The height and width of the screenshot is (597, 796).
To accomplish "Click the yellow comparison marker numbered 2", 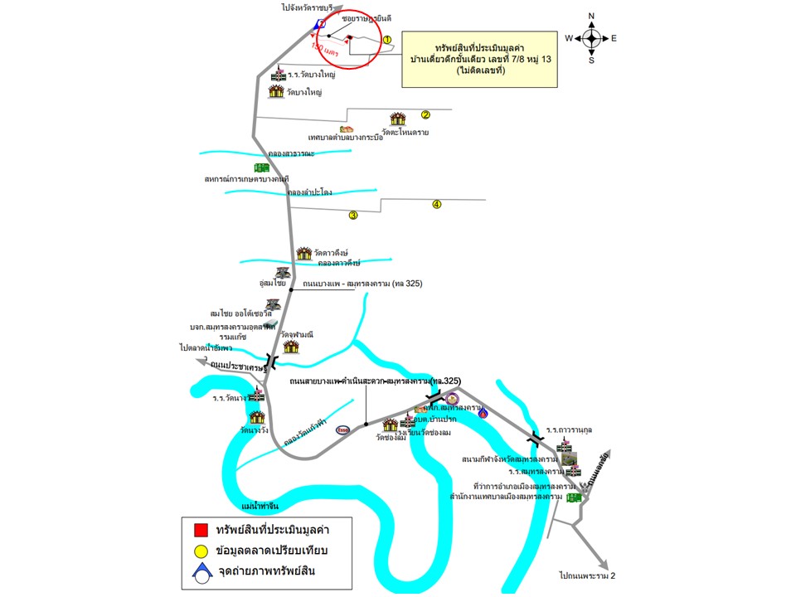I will [x=425, y=115].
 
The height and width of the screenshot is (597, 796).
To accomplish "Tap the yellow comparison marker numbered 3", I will [x=353, y=216].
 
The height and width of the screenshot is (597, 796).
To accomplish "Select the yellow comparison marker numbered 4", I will [x=436, y=205].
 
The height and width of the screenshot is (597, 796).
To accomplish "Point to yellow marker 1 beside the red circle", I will [x=386, y=39].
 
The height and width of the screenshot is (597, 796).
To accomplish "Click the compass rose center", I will [x=591, y=38].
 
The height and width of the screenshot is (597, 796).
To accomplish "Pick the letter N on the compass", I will [x=591, y=16].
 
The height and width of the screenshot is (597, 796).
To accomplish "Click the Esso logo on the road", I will [x=342, y=430].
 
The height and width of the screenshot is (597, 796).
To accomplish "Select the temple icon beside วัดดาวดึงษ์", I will [x=303, y=252].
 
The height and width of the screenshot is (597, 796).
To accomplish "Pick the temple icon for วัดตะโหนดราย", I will [x=398, y=119].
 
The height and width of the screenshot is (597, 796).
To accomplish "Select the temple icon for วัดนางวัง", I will [x=257, y=418].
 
